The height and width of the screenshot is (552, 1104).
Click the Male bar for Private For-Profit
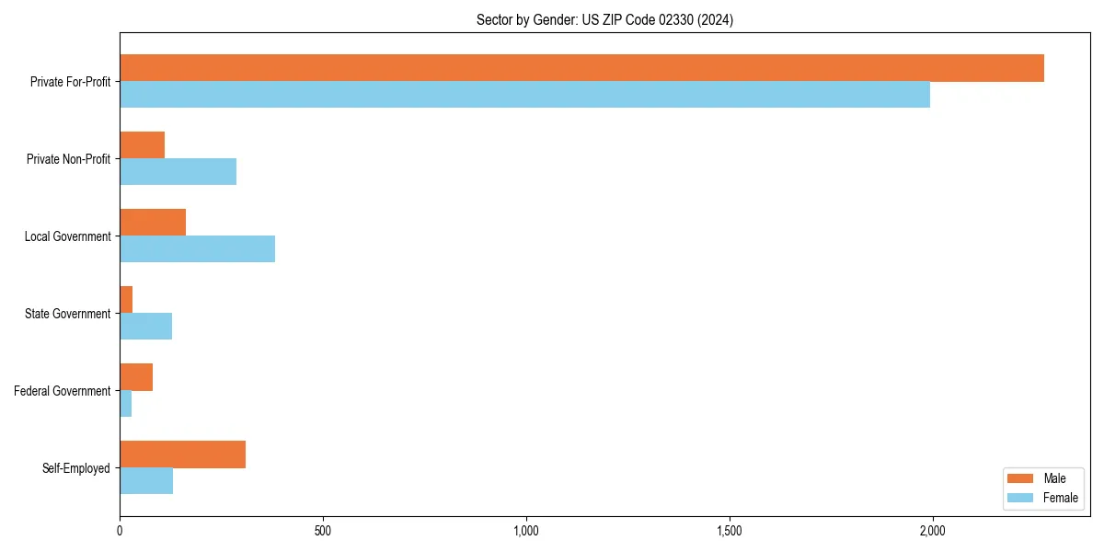pyautogui.click(x=581, y=68)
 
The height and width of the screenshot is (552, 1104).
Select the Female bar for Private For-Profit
pyautogui.click(x=524, y=95)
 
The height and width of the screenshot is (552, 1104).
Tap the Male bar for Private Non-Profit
pyautogui.click(x=142, y=145)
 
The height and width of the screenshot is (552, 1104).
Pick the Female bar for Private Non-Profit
pyautogui.click(x=178, y=172)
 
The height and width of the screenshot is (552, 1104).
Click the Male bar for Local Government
pyautogui.click(x=153, y=223)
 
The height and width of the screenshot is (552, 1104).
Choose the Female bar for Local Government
pyautogui.click(x=197, y=249)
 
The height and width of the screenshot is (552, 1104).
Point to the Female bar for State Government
pyautogui.click(x=145, y=327)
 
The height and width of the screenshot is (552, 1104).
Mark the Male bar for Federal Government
pyautogui.click(x=136, y=377)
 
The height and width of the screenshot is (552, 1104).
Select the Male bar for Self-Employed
pyautogui.click(x=182, y=454)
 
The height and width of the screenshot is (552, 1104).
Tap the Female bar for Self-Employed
pyautogui.click(x=146, y=481)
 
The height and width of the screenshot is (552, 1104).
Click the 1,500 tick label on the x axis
pyautogui.click(x=730, y=531)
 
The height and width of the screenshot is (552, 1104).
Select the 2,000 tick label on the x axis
pyautogui.click(x=933, y=531)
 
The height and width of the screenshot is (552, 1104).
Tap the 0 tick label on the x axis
pyautogui.click(x=120, y=531)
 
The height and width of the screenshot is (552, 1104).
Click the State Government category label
pyautogui.click(x=67, y=314)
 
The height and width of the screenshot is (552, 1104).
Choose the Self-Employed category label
pyautogui.click(x=75, y=468)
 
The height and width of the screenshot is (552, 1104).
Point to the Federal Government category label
pyautogui.click(x=63, y=391)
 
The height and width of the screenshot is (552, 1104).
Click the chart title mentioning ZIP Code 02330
pyautogui.click(x=604, y=19)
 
